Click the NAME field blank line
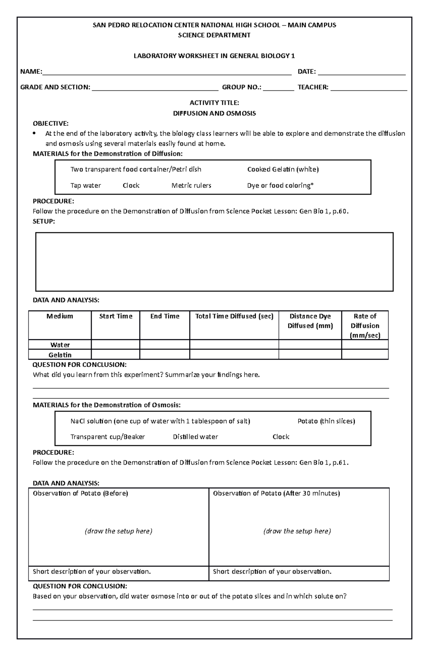point(167,73)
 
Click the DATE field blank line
point(361,73)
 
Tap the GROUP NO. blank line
point(278,89)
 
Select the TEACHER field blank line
point(369,89)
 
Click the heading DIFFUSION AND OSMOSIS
point(214,113)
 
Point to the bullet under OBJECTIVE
point(34,134)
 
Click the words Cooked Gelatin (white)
point(283,169)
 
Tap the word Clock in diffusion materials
point(131,186)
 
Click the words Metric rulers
point(191,186)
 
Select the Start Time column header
point(115,316)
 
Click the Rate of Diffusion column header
point(365,325)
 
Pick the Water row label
point(60,345)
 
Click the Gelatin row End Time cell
point(164,355)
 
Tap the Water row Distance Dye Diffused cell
point(310,345)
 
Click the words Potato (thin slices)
point(326,421)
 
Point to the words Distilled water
point(195,437)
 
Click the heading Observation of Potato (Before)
point(80,493)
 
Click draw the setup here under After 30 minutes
point(297,531)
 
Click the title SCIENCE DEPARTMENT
point(214,35)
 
